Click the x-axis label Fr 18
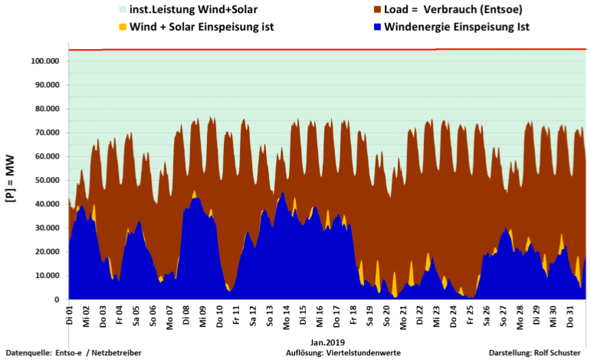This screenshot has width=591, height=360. click(354, 316)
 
